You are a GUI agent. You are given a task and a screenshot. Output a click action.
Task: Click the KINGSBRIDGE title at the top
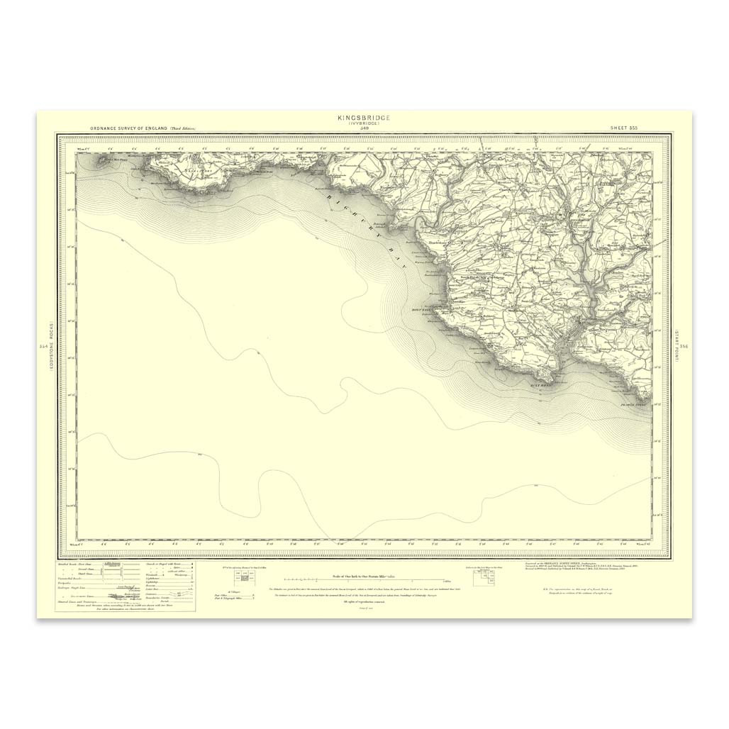[364, 117]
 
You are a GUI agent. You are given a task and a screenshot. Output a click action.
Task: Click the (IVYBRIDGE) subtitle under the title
[364, 123]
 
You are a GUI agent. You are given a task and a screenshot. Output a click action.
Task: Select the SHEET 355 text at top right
[624, 128]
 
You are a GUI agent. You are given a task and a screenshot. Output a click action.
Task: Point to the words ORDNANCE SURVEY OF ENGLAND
[128, 128]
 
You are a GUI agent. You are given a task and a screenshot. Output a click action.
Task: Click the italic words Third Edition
[182, 128]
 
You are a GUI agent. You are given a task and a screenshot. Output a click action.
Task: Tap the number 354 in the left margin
[45, 346]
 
